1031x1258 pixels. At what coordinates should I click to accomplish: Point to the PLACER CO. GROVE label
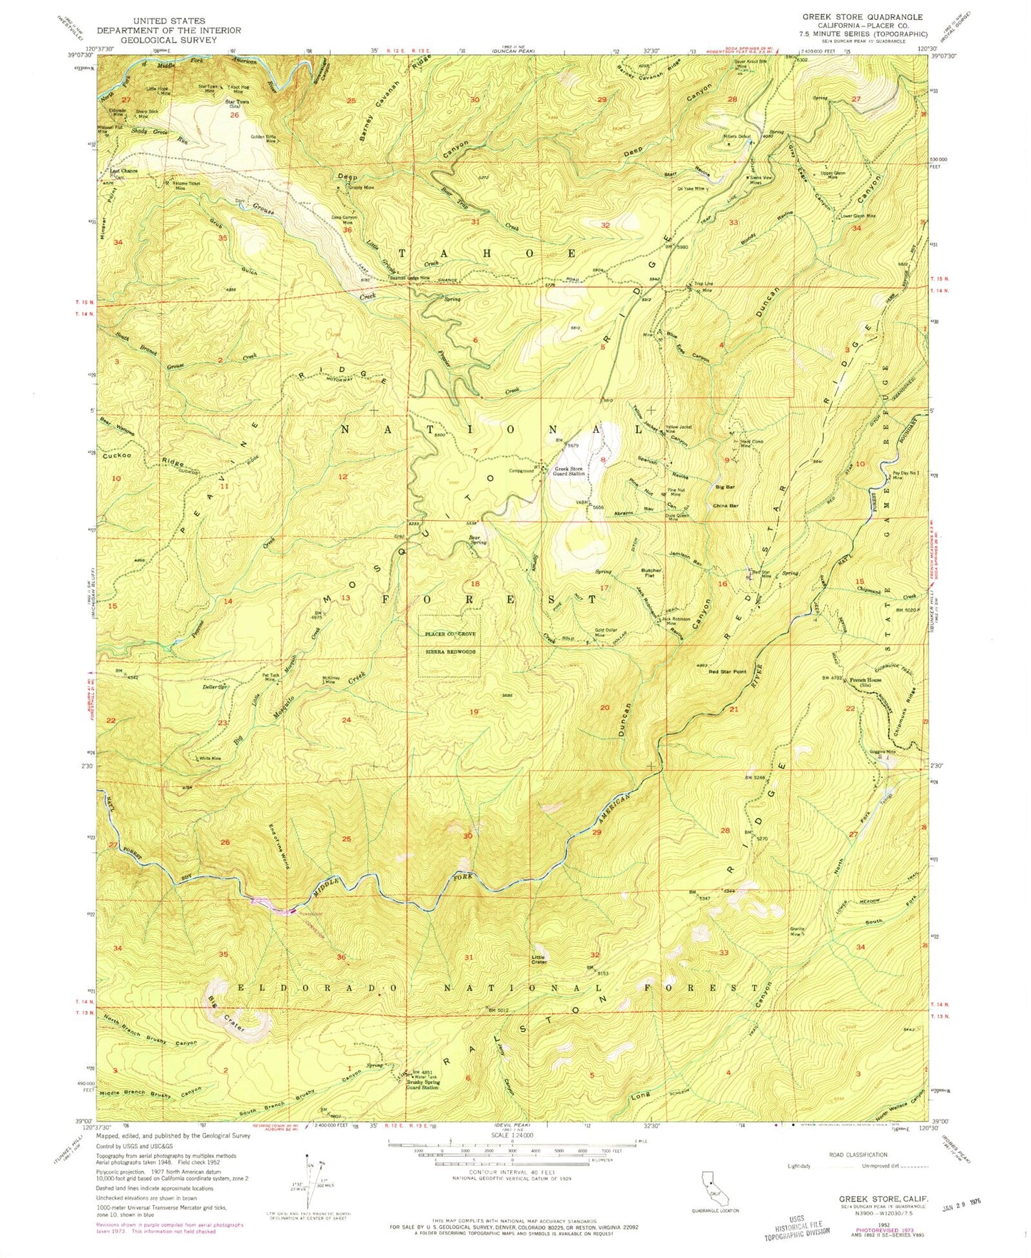coord(450,634)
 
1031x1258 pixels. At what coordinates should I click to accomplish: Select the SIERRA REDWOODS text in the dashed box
coord(450,651)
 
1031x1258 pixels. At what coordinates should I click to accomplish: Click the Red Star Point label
coord(727,672)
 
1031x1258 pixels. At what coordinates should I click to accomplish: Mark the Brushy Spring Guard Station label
coord(422,1085)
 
